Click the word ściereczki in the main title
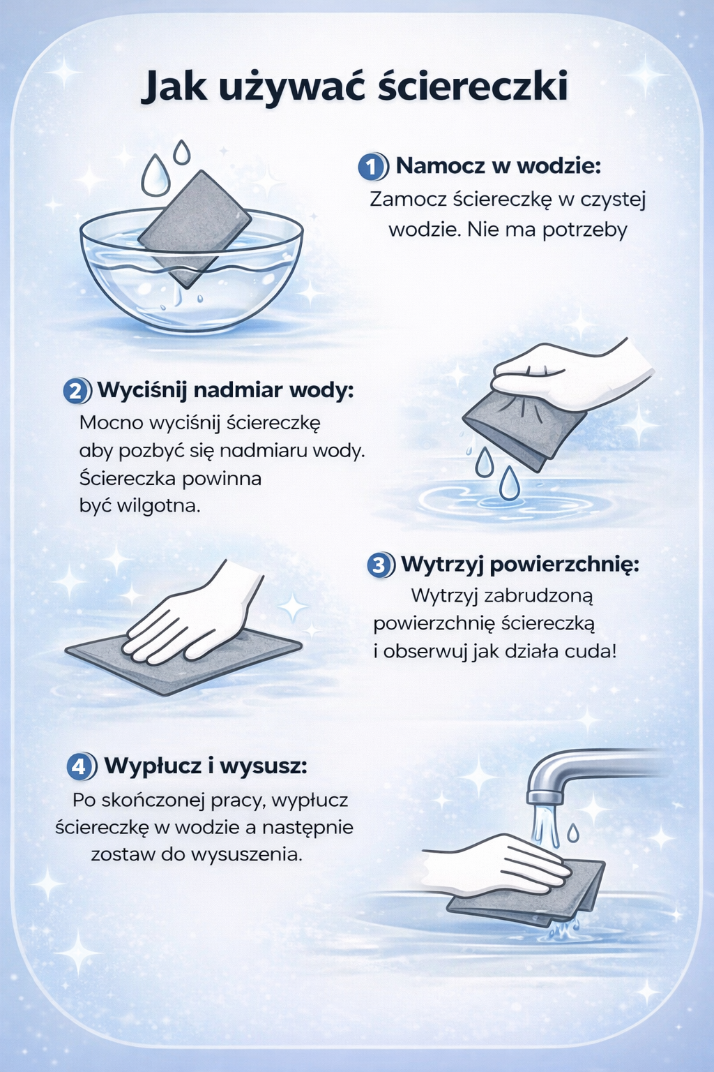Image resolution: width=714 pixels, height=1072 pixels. [x=472, y=87]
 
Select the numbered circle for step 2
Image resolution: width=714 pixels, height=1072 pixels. [x=76, y=392]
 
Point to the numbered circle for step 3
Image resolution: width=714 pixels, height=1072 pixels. [x=380, y=565]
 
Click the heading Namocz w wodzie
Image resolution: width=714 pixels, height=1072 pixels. [x=498, y=166]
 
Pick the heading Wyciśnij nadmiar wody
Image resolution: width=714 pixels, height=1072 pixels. [x=226, y=391]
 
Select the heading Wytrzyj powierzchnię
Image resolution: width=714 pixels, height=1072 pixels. [x=520, y=565]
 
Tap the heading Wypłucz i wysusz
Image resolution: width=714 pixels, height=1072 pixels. [x=206, y=766]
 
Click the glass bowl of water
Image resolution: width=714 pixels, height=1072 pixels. [x=191, y=278]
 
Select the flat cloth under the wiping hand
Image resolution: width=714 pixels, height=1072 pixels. [x=183, y=658]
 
